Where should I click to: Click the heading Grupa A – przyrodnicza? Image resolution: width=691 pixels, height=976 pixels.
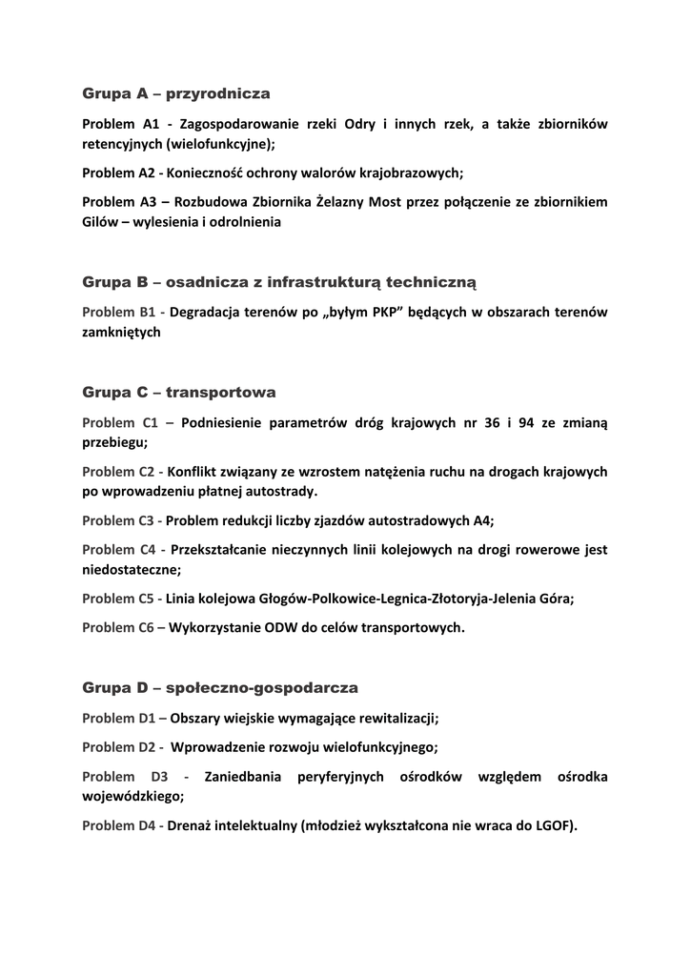click(x=176, y=93)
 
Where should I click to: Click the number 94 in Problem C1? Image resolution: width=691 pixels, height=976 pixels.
click(x=526, y=422)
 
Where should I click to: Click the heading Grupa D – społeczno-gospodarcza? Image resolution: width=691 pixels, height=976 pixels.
click(x=220, y=687)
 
